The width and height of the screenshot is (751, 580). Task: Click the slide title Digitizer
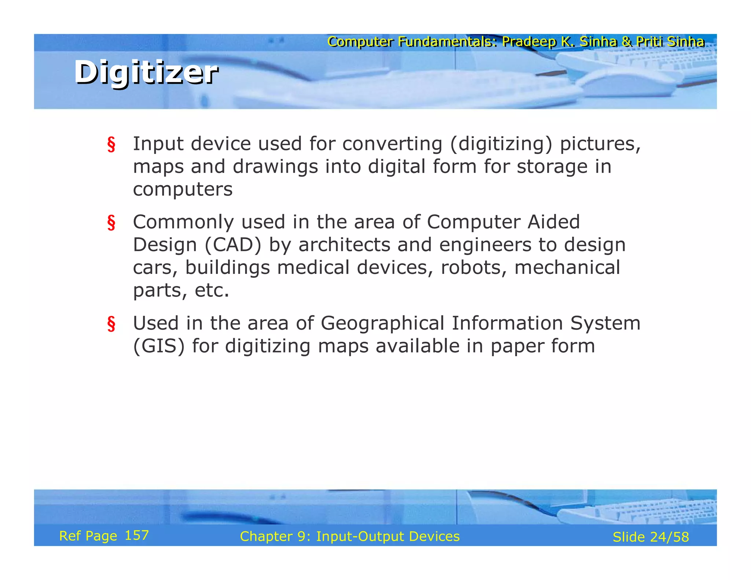pyautogui.click(x=146, y=72)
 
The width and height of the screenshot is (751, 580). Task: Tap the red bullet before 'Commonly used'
pyautogui.click(x=111, y=223)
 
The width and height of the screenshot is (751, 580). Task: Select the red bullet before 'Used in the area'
pyautogui.click(x=111, y=324)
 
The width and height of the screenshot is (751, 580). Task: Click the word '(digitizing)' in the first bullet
pyautogui.click(x=501, y=144)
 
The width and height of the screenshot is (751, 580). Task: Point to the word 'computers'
pyautogui.click(x=183, y=190)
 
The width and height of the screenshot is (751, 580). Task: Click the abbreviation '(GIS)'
pyautogui.click(x=159, y=346)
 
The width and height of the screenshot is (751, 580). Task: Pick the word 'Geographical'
pyautogui.click(x=382, y=323)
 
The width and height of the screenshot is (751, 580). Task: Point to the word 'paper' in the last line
pyautogui.click(x=513, y=346)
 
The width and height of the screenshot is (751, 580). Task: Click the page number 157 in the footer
pyautogui.click(x=137, y=535)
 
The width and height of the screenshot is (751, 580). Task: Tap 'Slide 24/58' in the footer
pyautogui.click(x=651, y=537)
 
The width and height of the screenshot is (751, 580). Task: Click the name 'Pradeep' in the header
pyautogui.click(x=529, y=42)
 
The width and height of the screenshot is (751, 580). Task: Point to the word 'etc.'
pyautogui.click(x=212, y=290)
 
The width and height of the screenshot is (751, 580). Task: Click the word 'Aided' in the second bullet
pyautogui.click(x=554, y=222)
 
